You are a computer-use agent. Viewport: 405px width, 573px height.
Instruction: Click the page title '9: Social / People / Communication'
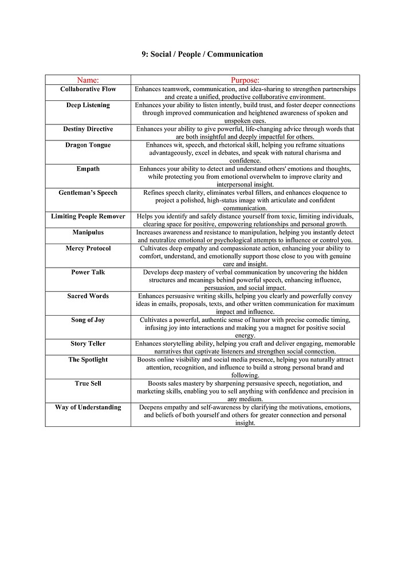coord(202,54)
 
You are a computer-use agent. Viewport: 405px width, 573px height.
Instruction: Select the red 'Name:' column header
coord(88,80)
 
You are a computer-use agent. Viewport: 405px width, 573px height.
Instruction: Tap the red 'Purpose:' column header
coord(245,80)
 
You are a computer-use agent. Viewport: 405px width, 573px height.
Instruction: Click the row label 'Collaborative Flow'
coord(88,89)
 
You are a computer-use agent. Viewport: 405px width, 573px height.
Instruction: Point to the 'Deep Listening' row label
coord(88,105)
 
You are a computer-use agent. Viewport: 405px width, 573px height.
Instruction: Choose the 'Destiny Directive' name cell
coord(88,129)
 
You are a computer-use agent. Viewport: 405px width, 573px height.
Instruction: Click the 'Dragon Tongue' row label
coord(88,146)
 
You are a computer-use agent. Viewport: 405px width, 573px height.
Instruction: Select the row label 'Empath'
coord(88,169)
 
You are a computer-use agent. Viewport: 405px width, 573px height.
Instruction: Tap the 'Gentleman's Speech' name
coord(88,193)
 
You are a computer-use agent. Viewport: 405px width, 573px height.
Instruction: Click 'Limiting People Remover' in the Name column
coord(88,217)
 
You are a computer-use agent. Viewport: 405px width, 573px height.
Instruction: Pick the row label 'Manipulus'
coord(88,233)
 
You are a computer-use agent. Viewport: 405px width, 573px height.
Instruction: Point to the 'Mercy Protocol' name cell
coord(88,249)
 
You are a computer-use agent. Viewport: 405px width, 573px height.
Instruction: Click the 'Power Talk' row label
coord(88,272)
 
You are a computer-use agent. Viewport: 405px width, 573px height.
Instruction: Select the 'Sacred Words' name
coord(88,296)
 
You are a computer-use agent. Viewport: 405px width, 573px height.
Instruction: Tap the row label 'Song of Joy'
coord(88,320)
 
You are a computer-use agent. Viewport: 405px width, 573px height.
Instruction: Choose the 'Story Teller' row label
coord(88,344)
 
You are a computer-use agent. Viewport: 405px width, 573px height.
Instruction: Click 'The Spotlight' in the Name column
coord(88,360)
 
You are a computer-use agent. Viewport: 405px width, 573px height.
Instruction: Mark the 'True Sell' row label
coord(88,383)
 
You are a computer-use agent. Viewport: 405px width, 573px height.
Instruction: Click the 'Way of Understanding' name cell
coord(88,407)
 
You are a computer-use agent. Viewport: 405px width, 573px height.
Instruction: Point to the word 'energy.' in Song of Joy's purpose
coord(245,335)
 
